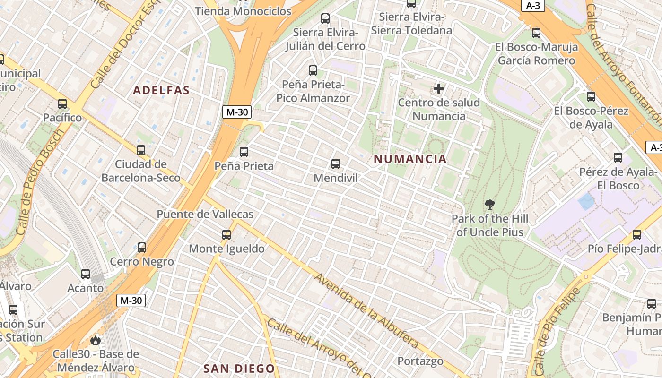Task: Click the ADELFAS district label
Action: click(x=161, y=90)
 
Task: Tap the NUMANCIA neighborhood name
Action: click(x=410, y=159)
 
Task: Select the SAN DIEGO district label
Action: click(x=239, y=369)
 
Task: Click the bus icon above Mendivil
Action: click(x=336, y=164)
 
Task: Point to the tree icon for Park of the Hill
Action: click(x=490, y=205)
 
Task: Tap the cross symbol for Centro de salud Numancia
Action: click(x=439, y=88)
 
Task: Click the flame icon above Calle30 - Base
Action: click(x=96, y=340)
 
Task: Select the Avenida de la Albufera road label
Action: click(x=366, y=310)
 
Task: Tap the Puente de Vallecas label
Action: click(x=205, y=214)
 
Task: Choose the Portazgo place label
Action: click(x=420, y=361)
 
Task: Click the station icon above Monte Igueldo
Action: click(x=226, y=234)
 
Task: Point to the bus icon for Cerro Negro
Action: click(x=142, y=247)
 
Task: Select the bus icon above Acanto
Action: click(x=86, y=274)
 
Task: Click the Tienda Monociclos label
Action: click(x=243, y=11)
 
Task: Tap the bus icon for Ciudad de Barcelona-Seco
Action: click(x=141, y=150)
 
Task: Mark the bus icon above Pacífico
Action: click(x=62, y=103)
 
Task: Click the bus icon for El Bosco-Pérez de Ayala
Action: click(x=591, y=97)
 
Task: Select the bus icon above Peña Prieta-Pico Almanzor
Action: click(x=313, y=70)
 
